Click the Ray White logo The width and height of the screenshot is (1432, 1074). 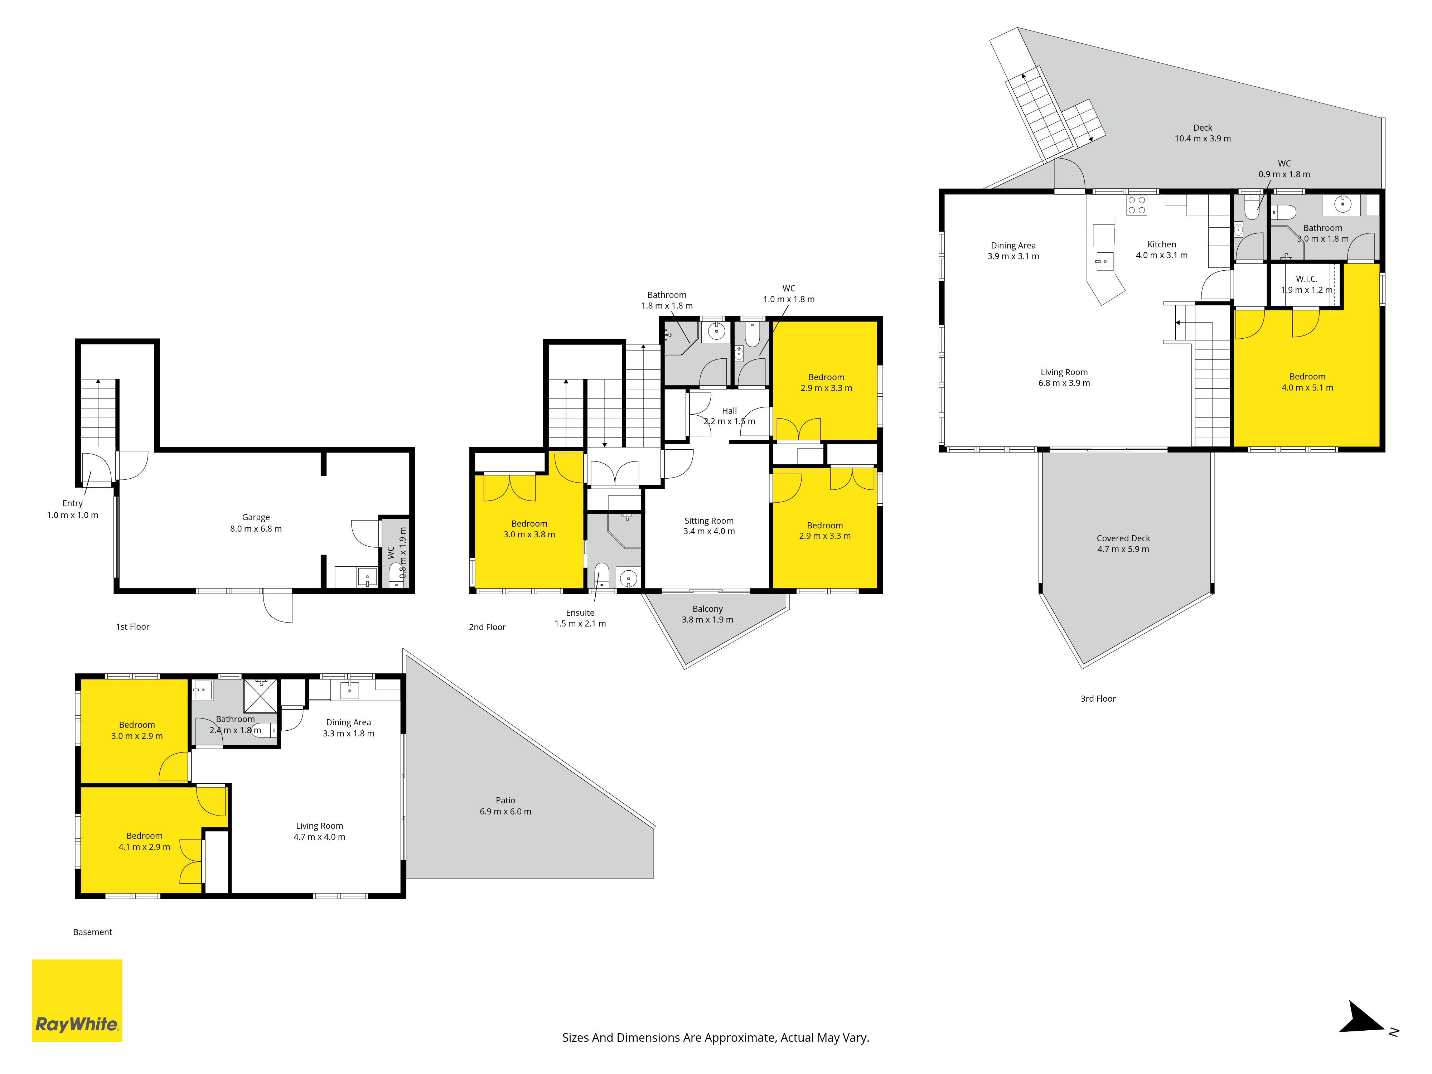coord(77,1000)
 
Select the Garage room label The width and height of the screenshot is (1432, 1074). coord(256,517)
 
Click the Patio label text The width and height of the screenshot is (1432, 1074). coord(505,800)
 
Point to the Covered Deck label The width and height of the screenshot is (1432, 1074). coord(1123,538)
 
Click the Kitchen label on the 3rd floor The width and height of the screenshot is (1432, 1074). coord(1161,244)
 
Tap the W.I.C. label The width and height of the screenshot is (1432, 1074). coord(1306,279)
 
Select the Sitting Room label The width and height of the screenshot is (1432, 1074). coord(709,521)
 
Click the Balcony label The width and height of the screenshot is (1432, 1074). coord(707,609)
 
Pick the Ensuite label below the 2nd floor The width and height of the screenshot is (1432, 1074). coord(580,613)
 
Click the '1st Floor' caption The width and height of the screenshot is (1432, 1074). coord(133,626)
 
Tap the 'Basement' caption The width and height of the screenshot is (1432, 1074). coord(93,932)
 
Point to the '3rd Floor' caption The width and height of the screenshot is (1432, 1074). coord(1098,698)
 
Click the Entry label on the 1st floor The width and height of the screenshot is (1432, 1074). coord(73,503)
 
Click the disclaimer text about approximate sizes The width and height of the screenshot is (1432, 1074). coord(715,1038)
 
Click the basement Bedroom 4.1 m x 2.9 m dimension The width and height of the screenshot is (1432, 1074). coord(144,847)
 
